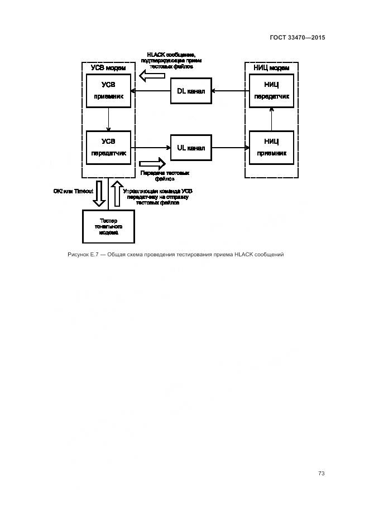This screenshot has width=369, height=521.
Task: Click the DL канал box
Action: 191,91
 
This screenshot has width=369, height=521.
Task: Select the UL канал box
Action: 191,148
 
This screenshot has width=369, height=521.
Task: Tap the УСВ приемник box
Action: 108,90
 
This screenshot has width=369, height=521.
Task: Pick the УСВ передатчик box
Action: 108,147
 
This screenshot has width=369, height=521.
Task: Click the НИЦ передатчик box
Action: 271,90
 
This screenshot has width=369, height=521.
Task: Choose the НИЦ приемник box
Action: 271,147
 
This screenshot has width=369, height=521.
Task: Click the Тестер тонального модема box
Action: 108,226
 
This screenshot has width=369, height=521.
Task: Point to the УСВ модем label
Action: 108,68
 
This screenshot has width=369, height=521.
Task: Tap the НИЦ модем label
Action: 271,68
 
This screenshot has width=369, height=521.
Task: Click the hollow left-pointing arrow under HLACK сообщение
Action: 151,76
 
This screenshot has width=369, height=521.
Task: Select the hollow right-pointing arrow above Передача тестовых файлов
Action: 152,163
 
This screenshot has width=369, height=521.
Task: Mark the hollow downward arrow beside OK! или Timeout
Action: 99,192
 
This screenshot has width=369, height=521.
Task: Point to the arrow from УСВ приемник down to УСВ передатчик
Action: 108,119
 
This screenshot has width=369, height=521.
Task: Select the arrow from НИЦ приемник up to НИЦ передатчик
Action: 271,119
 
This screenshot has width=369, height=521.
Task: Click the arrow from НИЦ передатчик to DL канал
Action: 230,91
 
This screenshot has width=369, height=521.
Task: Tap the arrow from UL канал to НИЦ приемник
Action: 230,148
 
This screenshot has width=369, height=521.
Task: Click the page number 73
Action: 321,474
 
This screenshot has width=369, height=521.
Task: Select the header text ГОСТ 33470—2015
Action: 297,37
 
